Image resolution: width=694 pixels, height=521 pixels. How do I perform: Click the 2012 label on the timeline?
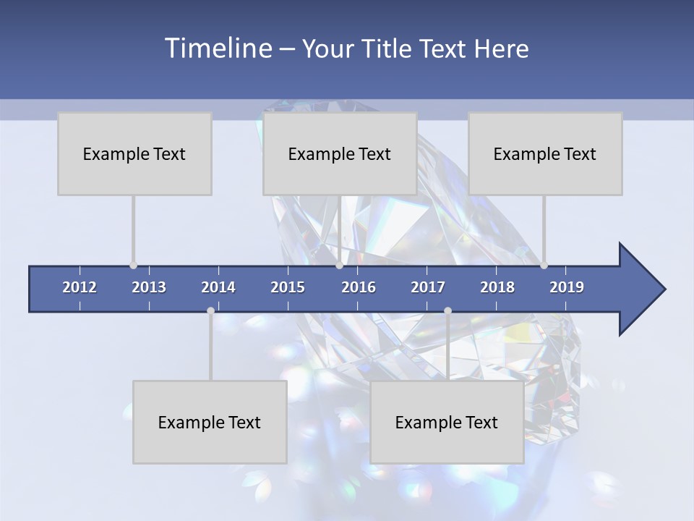click(80, 287)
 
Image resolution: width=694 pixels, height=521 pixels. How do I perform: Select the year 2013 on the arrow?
click(149, 287)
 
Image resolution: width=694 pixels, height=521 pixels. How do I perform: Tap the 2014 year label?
click(218, 287)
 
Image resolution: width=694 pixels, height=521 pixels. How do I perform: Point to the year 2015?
click(288, 287)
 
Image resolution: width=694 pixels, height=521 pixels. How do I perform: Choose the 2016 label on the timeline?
click(359, 287)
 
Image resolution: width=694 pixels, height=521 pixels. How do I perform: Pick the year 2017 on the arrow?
click(428, 287)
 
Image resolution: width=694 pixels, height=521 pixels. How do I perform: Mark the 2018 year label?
click(497, 287)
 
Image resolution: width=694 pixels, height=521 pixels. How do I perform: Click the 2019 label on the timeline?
click(567, 287)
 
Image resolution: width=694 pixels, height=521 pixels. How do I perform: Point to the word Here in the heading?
click(502, 49)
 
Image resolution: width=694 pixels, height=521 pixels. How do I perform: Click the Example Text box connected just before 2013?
click(134, 153)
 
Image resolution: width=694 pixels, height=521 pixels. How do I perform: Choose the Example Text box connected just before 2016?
click(340, 153)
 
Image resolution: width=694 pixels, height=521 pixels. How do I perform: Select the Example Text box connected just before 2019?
click(545, 153)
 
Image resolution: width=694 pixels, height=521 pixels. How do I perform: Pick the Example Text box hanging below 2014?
click(210, 422)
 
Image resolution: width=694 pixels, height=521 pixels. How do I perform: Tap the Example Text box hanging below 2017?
click(447, 422)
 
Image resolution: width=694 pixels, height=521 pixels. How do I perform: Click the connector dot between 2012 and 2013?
click(133, 266)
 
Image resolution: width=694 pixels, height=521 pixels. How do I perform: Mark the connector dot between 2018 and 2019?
click(544, 266)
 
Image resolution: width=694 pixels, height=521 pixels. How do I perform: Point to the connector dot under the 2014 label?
click(210, 310)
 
